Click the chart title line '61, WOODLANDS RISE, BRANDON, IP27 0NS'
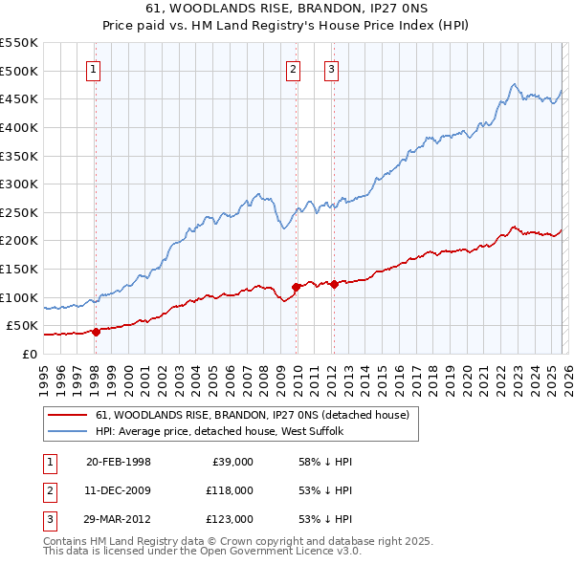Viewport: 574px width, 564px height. click(287, 9)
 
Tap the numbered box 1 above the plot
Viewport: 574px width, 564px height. click(95, 69)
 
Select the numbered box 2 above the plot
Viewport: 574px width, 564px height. click(293, 69)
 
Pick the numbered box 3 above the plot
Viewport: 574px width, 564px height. click(331, 69)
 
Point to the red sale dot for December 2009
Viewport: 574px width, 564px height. click(296, 287)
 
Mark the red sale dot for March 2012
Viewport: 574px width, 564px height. click(334, 284)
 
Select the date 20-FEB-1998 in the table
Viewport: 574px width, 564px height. click(119, 462)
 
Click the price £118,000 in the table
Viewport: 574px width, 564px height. click(231, 490)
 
